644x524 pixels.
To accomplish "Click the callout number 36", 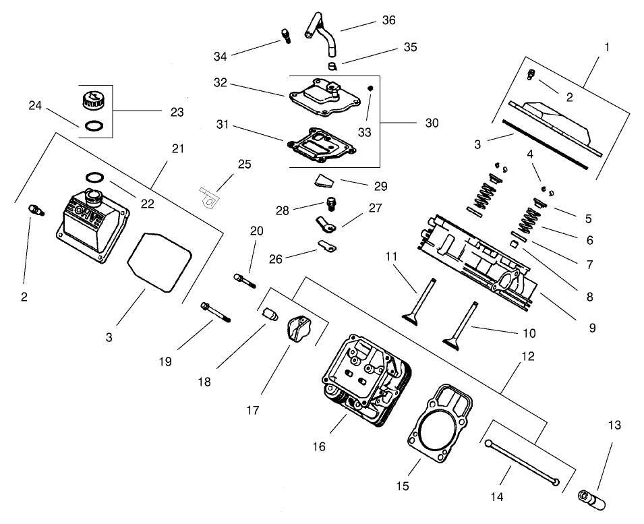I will click(388, 20).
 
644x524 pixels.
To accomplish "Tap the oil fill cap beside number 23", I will click(91, 102).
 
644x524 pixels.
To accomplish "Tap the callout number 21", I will click(177, 149).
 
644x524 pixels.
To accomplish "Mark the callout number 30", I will click(432, 123).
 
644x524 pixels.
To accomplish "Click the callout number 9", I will click(592, 328).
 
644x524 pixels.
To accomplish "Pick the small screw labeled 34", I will click(285, 34).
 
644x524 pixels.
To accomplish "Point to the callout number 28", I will click(282, 211).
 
